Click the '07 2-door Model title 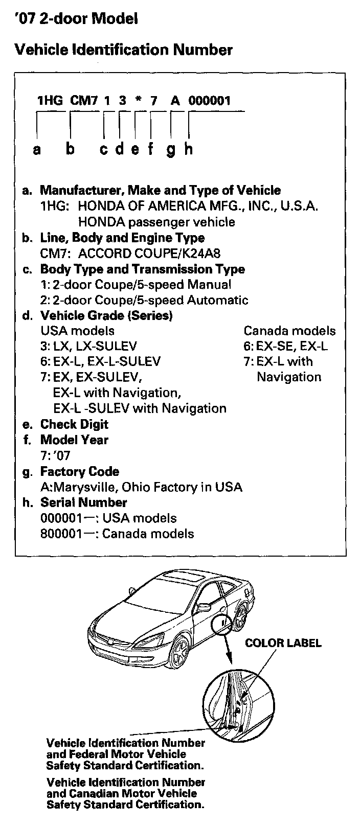(76, 19)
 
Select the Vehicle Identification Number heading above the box (124, 50)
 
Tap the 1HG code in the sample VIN (50, 100)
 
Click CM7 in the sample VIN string (83, 100)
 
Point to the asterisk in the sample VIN (138, 101)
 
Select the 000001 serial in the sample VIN (210, 100)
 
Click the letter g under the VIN (171, 149)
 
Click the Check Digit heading (74, 424)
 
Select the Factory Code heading (79, 471)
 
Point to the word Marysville (75, 487)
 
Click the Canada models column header (289, 331)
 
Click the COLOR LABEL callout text (283, 643)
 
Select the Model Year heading (74, 440)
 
